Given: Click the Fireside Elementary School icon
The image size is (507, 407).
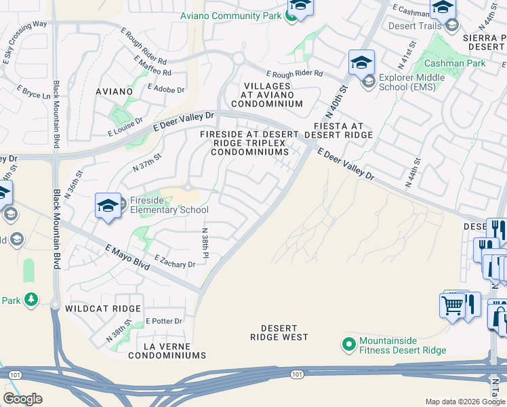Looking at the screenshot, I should point(108,206).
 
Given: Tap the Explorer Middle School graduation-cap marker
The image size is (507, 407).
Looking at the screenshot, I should point(361,63).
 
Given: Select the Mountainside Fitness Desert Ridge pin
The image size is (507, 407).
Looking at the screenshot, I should point(349,345).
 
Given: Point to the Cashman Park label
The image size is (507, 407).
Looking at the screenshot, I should point(445,63).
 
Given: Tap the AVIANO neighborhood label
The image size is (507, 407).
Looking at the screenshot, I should point(114,92).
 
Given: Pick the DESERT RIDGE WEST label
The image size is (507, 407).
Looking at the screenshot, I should point(279,332).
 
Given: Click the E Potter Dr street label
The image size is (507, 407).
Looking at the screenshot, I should point(164,321).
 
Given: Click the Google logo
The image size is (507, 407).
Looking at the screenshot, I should point(22,399).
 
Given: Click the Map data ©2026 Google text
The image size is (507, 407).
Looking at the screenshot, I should point(465,402).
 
